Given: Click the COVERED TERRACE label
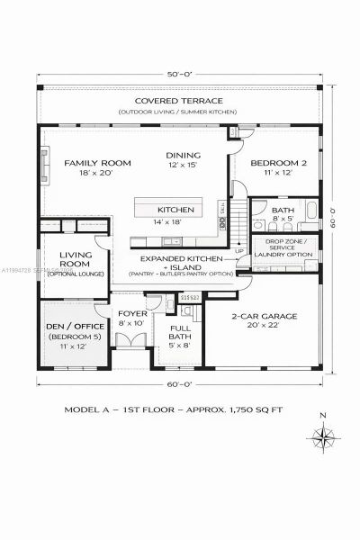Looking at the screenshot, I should [x=180, y=101].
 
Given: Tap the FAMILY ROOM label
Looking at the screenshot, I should [x=97, y=163].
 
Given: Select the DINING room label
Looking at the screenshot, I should [x=183, y=154].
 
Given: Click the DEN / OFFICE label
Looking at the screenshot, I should [x=76, y=327].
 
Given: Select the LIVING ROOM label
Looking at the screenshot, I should [x=76, y=260].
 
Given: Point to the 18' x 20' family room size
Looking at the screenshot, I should [x=96, y=174].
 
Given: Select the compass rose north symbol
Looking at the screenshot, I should [x=319, y=437].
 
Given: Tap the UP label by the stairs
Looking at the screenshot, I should [x=238, y=251].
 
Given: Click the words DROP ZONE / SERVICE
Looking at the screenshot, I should [x=283, y=244].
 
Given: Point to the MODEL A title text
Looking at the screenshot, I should [x=88, y=409].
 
